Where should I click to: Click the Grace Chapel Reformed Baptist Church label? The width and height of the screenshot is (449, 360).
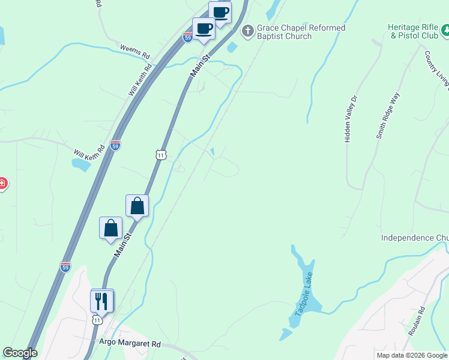301,32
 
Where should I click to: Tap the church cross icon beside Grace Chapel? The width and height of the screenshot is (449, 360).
247,30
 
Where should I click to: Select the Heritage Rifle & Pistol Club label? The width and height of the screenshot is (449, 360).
413,32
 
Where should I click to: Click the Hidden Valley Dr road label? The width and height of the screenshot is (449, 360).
351,119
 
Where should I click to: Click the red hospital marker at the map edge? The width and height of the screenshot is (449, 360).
2,183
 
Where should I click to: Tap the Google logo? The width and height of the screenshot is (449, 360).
20,353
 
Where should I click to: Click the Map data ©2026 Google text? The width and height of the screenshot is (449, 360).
411,355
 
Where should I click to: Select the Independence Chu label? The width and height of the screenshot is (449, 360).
415,238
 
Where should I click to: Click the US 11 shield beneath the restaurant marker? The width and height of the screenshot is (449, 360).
97,320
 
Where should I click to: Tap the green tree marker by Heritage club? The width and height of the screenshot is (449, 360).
445,29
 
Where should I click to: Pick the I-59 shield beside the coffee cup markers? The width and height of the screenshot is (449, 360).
188,37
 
